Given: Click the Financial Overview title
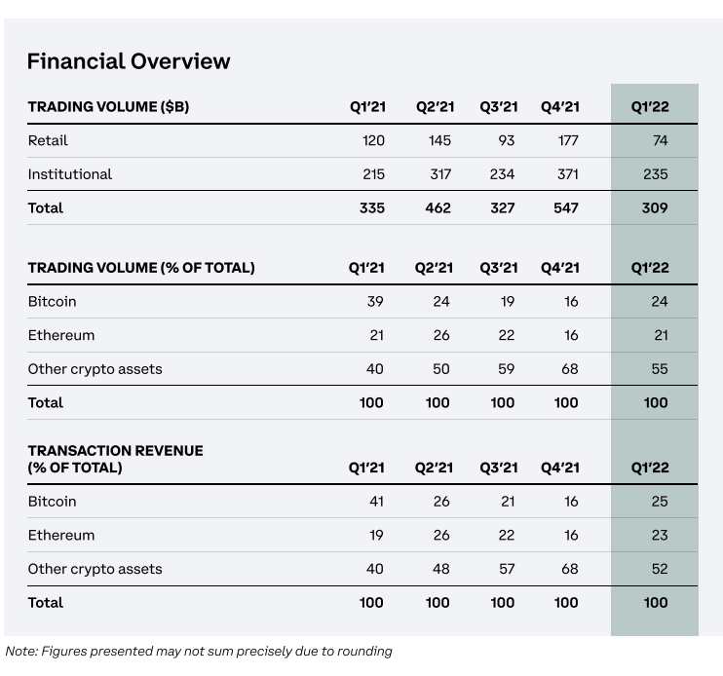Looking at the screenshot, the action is click(129, 61).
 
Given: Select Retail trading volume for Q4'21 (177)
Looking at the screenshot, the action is click(568, 140).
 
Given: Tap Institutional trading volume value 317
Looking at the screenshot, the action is click(440, 174).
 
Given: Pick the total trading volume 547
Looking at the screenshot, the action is click(566, 207).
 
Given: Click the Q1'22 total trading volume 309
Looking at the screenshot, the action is click(655, 207).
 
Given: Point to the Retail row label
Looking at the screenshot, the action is click(48, 140).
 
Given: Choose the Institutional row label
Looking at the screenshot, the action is click(69, 174).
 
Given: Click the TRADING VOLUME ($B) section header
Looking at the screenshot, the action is click(108, 106).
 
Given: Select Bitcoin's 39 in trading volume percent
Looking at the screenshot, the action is click(375, 301).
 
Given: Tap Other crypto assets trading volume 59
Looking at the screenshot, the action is click(506, 368).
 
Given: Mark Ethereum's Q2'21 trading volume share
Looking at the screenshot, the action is click(441, 335).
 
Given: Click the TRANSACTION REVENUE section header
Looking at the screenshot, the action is click(115, 459).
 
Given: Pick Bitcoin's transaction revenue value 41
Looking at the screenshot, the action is click(376, 501).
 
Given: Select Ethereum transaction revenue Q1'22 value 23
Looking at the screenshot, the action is click(660, 535).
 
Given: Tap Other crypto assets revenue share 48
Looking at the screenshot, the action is click(440, 569).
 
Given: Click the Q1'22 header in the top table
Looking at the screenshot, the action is click(650, 106).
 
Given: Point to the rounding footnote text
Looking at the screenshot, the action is click(199, 651).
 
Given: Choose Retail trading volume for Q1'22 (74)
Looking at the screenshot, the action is click(661, 140).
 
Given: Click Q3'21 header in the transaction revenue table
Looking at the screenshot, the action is click(499, 468).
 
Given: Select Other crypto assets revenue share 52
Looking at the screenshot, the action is click(660, 569).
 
